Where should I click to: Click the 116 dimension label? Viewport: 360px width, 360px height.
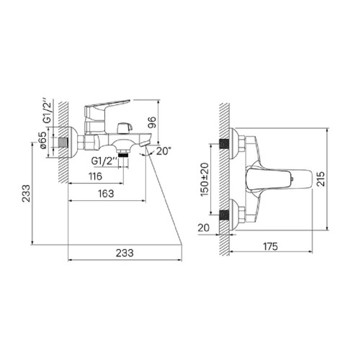[95, 176]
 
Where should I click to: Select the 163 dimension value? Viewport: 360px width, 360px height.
[106, 194]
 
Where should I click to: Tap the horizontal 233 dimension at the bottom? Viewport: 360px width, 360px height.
[125, 253]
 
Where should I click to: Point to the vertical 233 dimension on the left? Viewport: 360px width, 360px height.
[27, 193]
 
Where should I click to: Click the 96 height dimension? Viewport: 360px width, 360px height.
[152, 122]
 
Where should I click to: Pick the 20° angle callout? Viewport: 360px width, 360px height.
[164, 151]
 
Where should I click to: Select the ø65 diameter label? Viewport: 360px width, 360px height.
[43, 140]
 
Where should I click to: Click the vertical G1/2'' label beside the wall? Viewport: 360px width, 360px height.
[48, 111]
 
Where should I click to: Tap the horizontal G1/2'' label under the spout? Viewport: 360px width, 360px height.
[104, 161]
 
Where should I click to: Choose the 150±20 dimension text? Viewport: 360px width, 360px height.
[204, 179]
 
